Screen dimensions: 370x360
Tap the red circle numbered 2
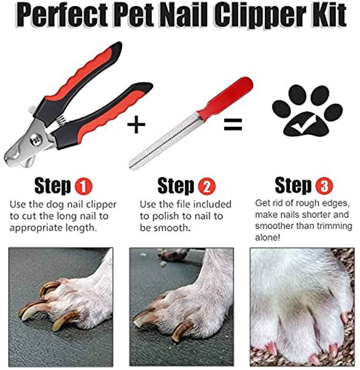(207, 187)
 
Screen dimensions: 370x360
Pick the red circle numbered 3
(324, 187)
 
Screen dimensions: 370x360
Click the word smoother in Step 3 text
(273, 226)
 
